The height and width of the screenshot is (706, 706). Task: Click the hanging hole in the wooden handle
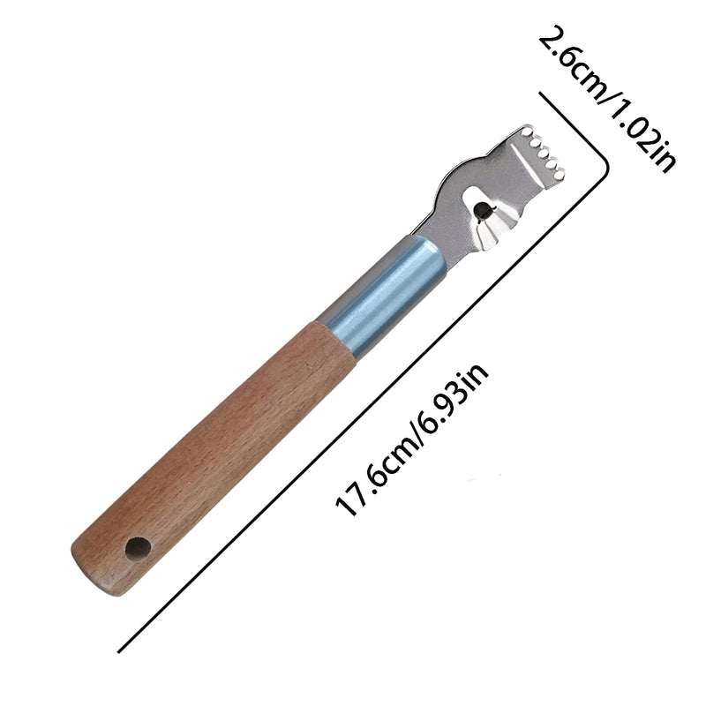(139, 548)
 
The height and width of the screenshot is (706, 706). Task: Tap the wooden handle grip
(212, 437)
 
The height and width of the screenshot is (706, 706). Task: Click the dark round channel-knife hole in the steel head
(483, 210)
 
